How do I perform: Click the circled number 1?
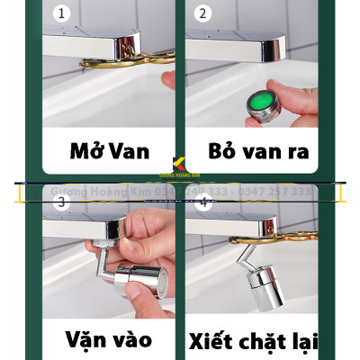coord(61,13)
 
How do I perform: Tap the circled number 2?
coord(202,13)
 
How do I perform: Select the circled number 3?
coord(61,202)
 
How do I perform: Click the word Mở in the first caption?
coord(86,149)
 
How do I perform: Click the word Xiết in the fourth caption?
coord(219,341)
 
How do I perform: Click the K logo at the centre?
coord(179,165)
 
